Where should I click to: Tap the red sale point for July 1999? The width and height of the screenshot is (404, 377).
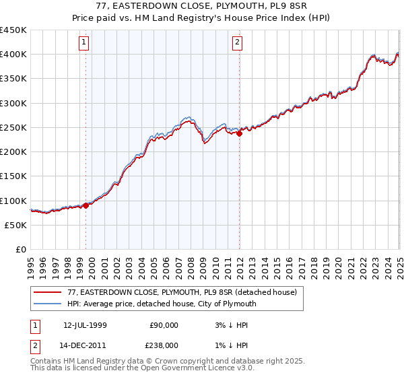click(x=86, y=206)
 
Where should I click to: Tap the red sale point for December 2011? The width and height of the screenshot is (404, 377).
click(x=239, y=134)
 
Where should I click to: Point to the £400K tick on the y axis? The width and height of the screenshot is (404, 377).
click(x=14, y=55)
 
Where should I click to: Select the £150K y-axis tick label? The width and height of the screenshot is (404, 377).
click(x=14, y=176)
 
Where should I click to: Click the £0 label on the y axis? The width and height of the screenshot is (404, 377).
click(x=22, y=250)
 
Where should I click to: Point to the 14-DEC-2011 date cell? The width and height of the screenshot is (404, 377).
click(x=86, y=345)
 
